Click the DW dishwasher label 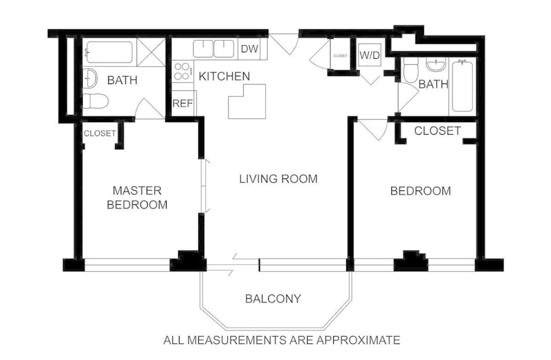coord(249,49)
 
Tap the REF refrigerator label coord(183,104)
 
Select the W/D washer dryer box coord(370,55)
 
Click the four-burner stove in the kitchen coord(182,71)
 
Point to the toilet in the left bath coord(96,101)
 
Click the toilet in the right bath coord(411,70)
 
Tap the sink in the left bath coord(90,78)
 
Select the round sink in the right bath coord(436,65)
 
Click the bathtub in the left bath coord(109,52)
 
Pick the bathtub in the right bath coord(462,86)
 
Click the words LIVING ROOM coord(278,179)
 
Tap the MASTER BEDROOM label coord(137,198)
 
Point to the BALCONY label coord(273,299)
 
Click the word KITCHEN coord(225,76)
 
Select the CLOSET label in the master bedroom coord(100,133)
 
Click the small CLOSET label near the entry coord(340,56)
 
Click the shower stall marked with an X coord(151,52)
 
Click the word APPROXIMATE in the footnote coord(358,340)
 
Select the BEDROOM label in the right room coord(421,191)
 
